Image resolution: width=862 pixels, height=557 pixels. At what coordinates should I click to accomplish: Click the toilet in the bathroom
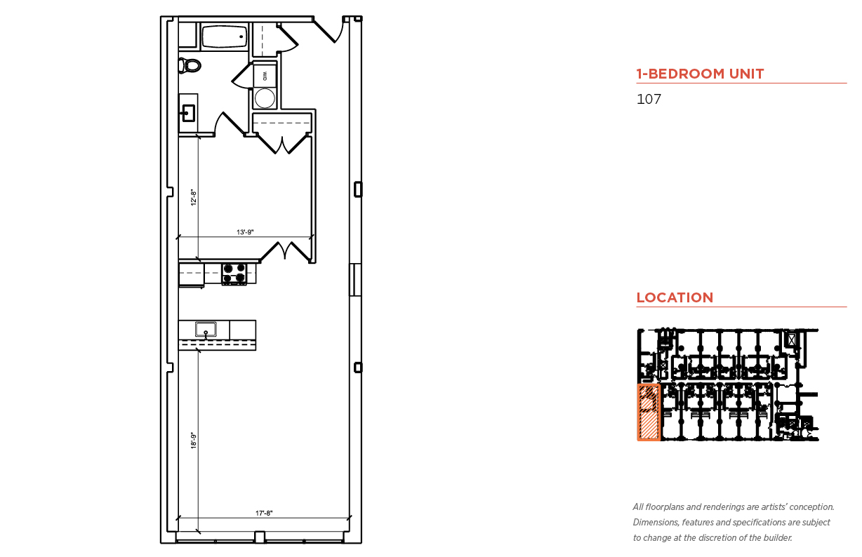pos(190,65)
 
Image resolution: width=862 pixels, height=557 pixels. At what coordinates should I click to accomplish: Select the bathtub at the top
pos(225,37)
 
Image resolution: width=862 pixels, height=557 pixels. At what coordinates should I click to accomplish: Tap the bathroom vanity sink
pos(188,113)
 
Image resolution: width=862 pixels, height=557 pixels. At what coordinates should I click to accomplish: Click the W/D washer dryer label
pos(265,76)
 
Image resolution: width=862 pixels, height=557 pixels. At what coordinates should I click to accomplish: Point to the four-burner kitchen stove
pos(234,274)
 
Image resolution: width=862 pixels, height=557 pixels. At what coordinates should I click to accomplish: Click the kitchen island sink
pos(206,330)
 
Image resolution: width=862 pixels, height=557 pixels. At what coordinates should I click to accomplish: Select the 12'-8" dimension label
pos(194,197)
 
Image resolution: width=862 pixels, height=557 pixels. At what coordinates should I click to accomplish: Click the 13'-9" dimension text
pos(245,232)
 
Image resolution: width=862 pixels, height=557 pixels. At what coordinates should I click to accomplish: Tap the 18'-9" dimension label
pos(194,441)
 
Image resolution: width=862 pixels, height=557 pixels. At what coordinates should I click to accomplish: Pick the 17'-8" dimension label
pos(264,513)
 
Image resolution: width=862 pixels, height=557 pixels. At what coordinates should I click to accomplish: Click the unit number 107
pos(649,99)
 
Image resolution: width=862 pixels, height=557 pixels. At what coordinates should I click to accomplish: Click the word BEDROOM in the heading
pos(681,74)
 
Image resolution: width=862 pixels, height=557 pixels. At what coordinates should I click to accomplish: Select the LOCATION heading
pos(675,297)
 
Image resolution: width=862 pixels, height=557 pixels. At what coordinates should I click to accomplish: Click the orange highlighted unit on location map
pos(649,412)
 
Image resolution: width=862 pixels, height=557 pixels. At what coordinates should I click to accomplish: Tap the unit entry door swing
pos(329,30)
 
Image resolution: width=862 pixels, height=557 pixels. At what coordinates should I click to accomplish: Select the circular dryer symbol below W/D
pos(265,98)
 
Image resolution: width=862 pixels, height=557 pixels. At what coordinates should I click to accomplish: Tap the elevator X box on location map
pos(791,340)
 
